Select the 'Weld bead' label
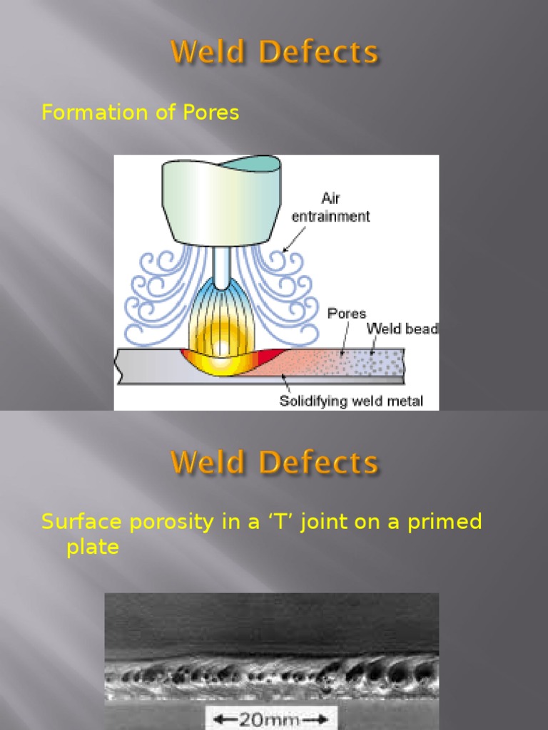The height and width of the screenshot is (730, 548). [x=402, y=329]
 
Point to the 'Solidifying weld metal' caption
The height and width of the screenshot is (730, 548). [x=350, y=401]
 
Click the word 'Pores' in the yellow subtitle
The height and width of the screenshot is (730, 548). [x=210, y=113]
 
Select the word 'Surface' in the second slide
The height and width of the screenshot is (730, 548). [x=82, y=522]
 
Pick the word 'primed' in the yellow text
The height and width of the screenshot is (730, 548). [x=443, y=522]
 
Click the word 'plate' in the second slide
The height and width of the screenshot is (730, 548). [x=92, y=547]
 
